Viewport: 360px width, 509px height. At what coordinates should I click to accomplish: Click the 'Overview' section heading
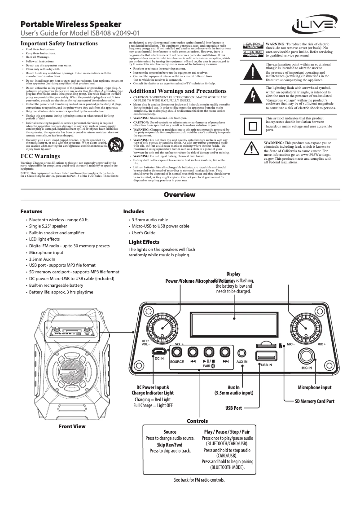(x=180, y=195)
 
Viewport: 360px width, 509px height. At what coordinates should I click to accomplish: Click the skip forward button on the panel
(x=226, y=352)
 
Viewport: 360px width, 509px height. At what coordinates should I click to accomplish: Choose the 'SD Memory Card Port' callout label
(x=314, y=401)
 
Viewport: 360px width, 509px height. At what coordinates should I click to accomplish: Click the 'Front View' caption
(x=72, y=426)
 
